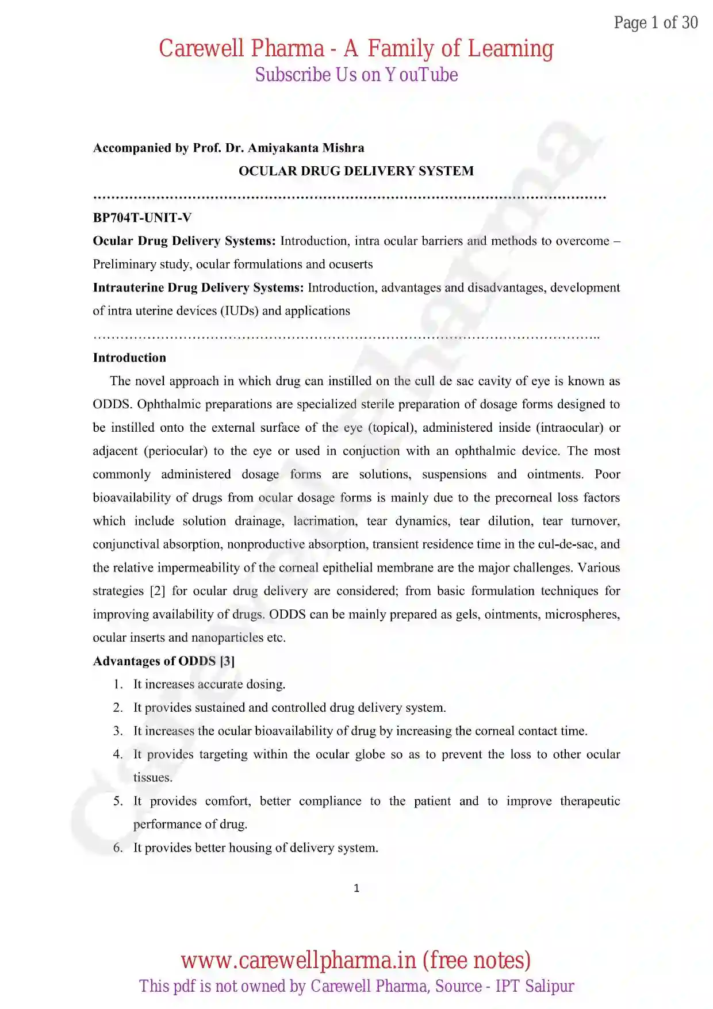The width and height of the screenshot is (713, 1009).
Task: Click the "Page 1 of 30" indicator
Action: coord(655,23)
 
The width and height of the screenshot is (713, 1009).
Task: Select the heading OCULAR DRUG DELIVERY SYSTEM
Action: coord(356,171)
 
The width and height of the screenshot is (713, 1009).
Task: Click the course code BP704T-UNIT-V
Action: coord(142,218)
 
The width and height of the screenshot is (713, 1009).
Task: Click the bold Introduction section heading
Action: coord(129,358)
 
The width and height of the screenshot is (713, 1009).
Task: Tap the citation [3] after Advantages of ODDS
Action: coord(227,661)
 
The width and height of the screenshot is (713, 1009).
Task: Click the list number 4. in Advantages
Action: coord(118,754)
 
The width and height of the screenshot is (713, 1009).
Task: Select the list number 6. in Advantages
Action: coord(118,847)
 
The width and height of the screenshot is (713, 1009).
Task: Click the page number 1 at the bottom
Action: coord(356,888)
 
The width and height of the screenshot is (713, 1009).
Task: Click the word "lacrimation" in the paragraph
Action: coord(325,521)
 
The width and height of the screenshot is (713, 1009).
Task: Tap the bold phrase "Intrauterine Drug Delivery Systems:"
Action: coord(198,287)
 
